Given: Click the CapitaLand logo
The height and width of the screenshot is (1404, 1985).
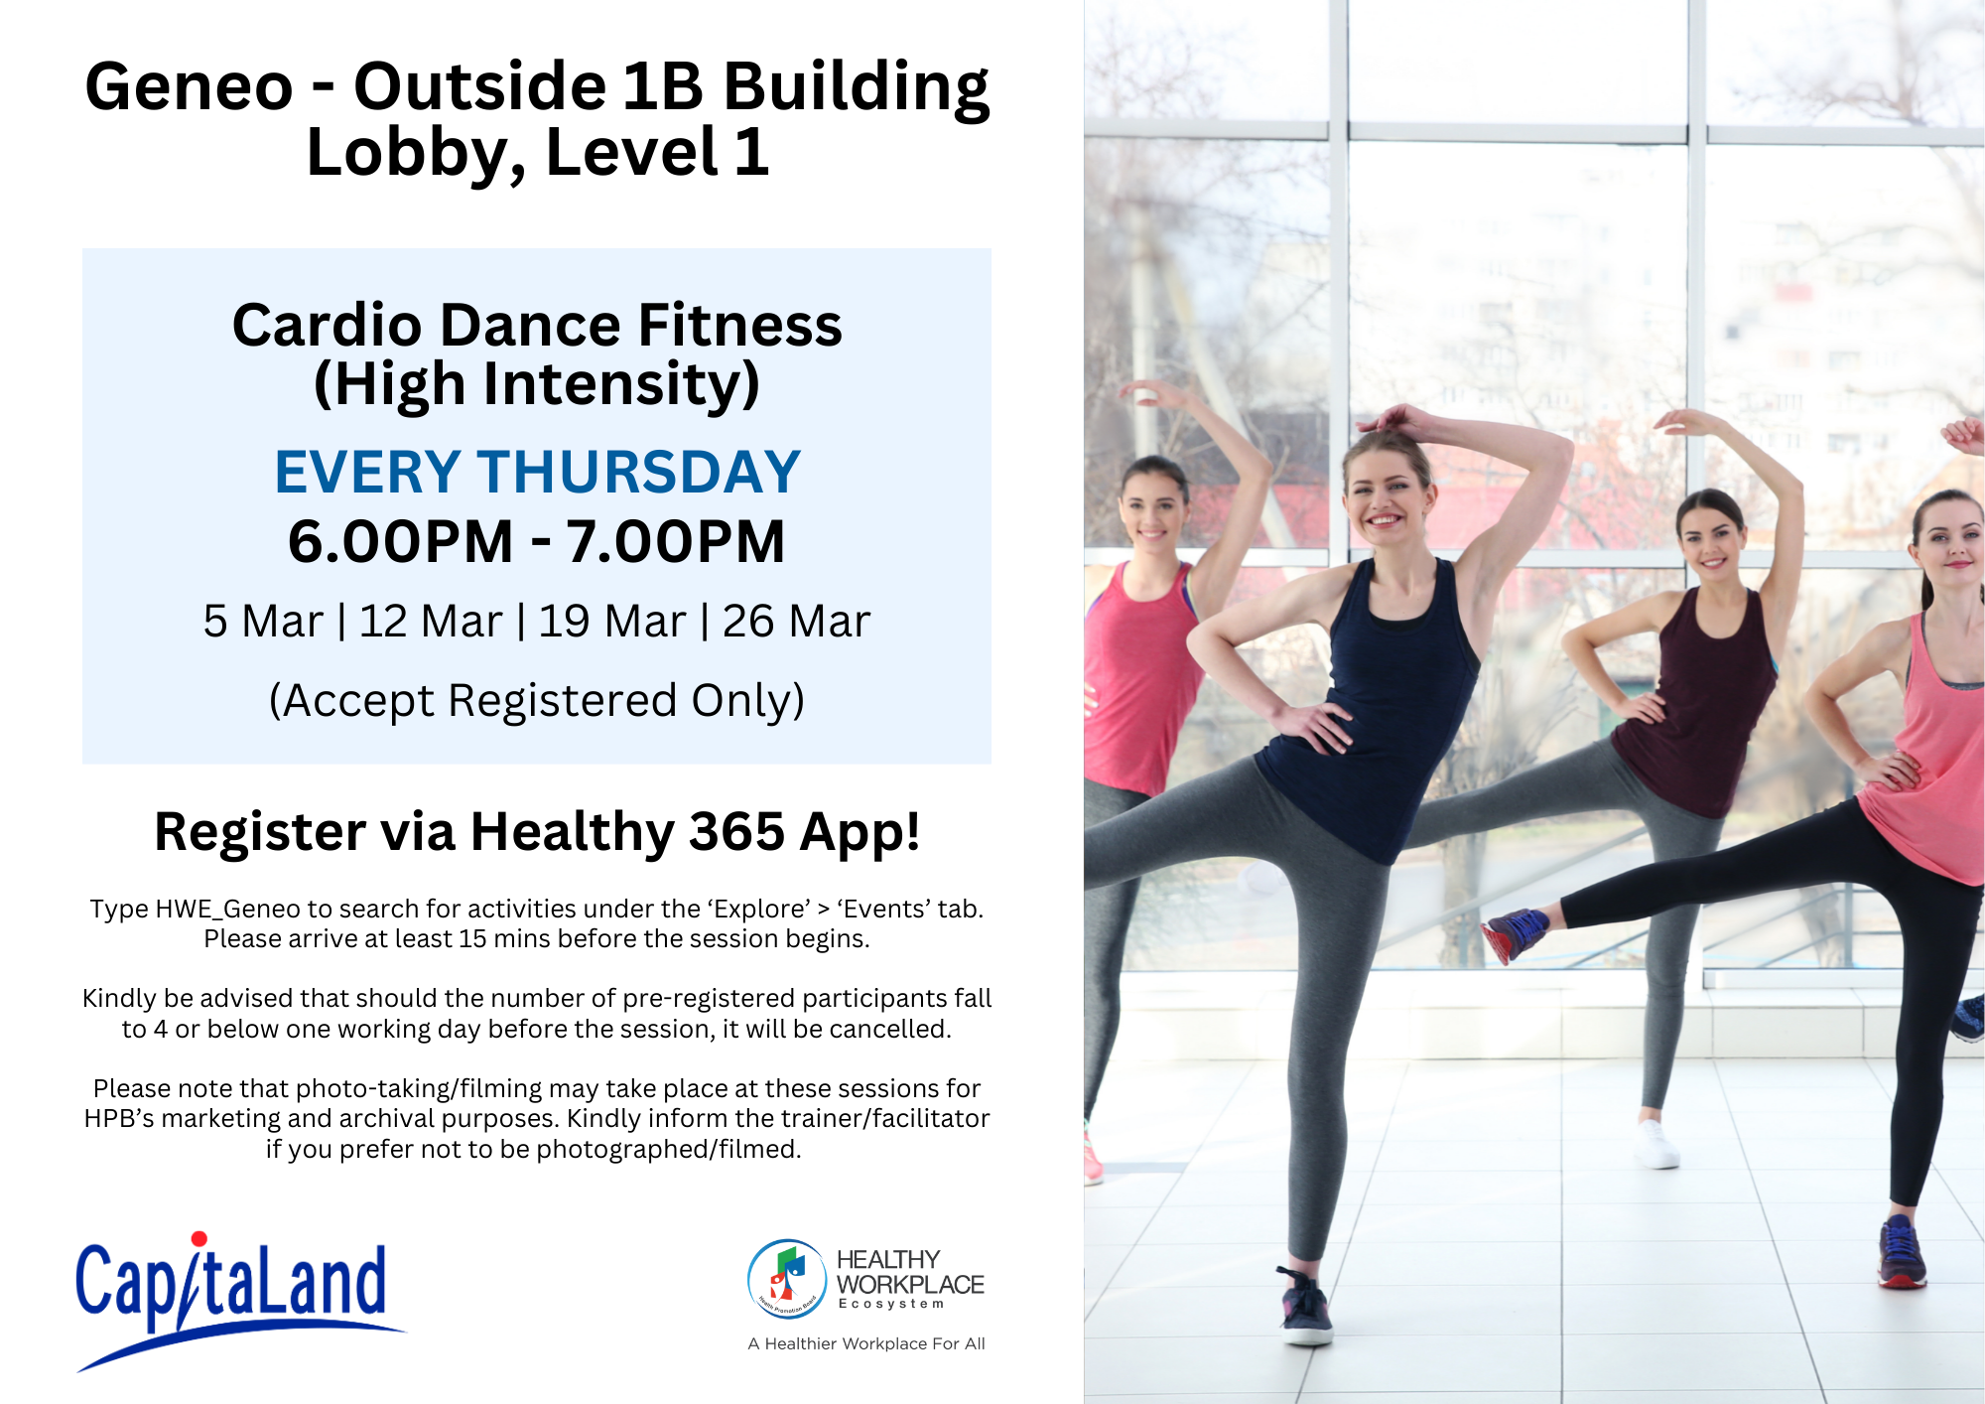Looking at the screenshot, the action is [238, 1301].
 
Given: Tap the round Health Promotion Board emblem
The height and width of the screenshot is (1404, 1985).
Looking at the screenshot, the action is [787, 1279].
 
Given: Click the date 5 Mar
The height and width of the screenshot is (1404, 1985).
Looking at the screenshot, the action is [263, 622].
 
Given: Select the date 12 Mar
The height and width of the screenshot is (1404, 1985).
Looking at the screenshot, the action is [431, 622].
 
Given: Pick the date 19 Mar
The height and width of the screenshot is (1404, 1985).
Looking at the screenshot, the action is [612, 622].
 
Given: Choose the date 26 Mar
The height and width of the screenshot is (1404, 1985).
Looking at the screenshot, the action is [796, 622].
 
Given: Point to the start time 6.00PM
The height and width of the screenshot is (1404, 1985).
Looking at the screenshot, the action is [401, 542].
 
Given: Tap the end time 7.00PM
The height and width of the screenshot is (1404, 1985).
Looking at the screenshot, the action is [676, 542].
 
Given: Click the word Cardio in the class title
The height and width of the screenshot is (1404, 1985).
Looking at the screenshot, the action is [328, 325].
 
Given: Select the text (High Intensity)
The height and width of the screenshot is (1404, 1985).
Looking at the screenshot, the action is [537, 385].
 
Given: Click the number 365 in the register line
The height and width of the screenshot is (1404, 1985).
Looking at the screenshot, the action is [736, 832].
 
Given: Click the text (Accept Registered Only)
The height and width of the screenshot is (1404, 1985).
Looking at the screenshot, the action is [537, 701].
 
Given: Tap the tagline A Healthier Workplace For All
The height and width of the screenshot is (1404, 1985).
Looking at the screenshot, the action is [866, 1343].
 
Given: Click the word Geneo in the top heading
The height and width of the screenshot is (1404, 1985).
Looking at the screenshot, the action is [190, 86].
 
